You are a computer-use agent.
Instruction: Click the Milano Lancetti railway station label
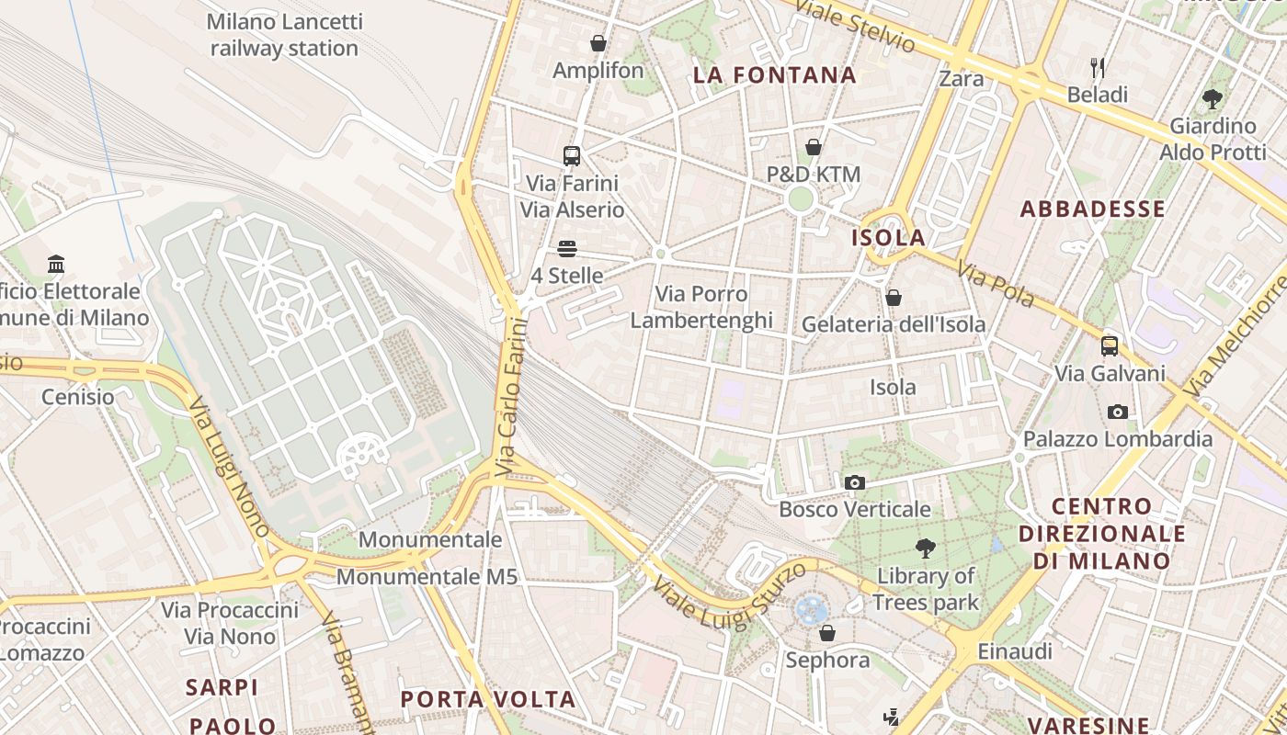(284, 35)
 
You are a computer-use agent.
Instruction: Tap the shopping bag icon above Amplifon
(598, 43)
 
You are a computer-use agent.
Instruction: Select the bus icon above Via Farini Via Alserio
(572, 155)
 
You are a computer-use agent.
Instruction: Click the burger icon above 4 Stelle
(566, 249)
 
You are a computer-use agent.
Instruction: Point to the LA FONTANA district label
(775, 75)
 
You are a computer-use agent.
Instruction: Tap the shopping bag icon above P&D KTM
(814, 147)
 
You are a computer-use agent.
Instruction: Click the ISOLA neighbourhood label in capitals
(888, 238)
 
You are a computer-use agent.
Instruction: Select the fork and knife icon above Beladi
(1097, 67)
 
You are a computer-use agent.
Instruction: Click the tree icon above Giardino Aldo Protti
(1213, 98)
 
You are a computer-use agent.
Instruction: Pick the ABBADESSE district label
(1093, 209)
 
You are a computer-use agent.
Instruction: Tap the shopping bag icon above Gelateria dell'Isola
(893, 298)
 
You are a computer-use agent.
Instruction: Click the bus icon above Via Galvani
(1110, 346)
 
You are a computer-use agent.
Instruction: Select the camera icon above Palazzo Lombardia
(1118, 412)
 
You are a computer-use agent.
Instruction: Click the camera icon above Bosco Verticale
(855, 482)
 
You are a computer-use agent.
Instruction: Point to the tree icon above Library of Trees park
(926, 549)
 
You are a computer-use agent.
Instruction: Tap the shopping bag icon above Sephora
(827, 633)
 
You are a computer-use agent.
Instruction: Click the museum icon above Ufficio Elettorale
(56, 265)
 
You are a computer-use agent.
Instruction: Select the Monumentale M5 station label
(427, 577)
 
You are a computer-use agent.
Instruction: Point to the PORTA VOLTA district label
(488, 699)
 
